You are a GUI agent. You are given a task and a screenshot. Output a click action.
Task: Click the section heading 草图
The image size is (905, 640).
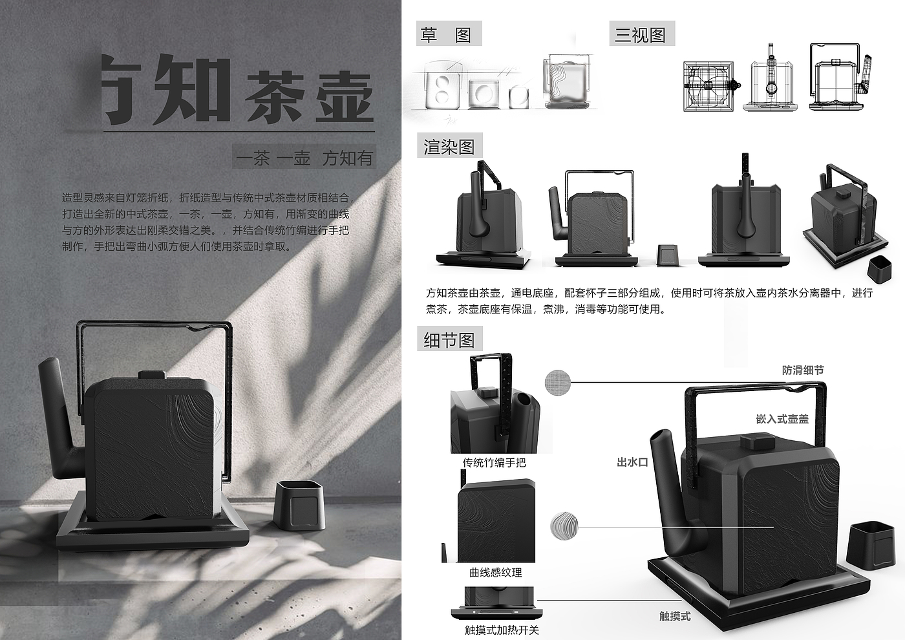pyautogui.click(x=449, y=34)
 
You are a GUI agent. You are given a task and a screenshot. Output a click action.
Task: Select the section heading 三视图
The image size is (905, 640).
pyautogui.click(x=641, y=34)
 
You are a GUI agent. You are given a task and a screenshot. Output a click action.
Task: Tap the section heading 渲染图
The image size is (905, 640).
pyautogui.click(x=449, y=147)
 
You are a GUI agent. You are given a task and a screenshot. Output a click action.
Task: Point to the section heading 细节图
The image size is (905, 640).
pyautogui.click(x=449, y=340)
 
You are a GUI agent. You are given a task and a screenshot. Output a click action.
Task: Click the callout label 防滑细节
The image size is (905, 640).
pyautogui.click(x=803, y=370)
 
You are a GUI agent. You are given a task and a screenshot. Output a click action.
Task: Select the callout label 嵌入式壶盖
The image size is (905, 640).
pyautogui.click(x=782, y=419)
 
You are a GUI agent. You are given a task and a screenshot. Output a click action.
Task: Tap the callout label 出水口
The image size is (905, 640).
pyautogui.click(x=632, y=462)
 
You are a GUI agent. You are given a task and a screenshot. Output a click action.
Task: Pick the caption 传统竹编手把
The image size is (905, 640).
pyautogui.click(x=495, y=462)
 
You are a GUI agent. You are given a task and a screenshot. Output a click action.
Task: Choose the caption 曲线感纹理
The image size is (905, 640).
pyautogui.click(x=495, y=572)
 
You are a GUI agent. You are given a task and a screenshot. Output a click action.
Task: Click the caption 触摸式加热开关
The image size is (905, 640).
pyautogui.click(x=502, y=630)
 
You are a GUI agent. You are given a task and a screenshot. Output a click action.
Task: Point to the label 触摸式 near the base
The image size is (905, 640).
pyautogui.click(x=675, y=616)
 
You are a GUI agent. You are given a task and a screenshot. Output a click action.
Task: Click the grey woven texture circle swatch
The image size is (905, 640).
pyautogui.click(x=558, y=382)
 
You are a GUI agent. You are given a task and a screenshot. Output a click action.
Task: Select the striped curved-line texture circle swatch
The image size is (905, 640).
pyautogui.click(x=564, y=526)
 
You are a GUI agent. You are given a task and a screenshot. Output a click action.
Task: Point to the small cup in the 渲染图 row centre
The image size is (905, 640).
pyautogui.click(x=667, y=254)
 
